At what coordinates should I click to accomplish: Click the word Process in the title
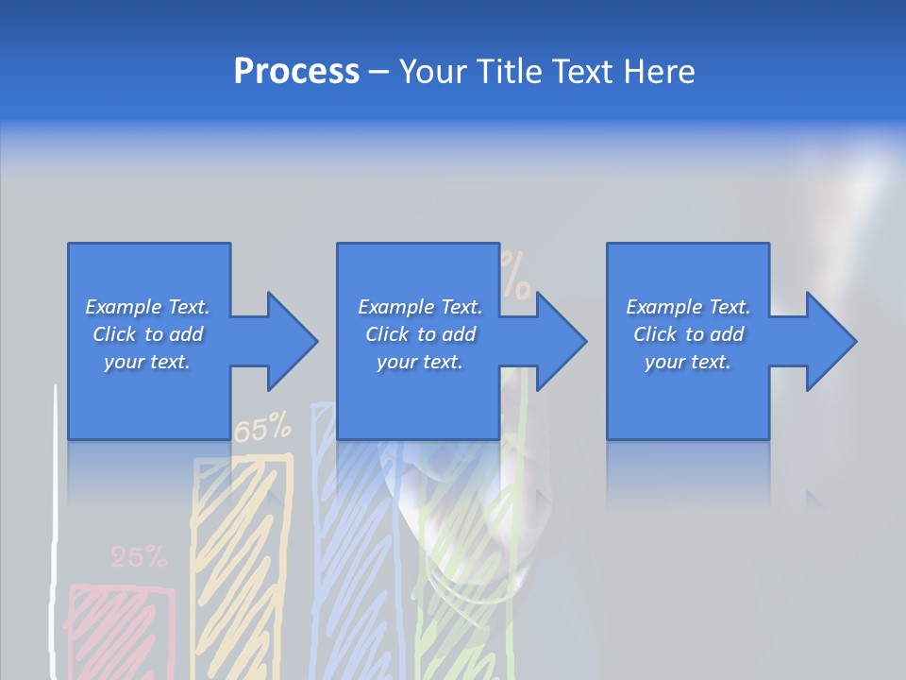[x=296, y=72]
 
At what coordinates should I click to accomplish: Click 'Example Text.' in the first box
[x=147, y=307]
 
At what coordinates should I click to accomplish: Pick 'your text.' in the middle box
[x=420, y=362]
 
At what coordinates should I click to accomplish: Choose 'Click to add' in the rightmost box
[x=689, y=334]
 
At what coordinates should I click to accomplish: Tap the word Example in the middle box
[x=393, y=307]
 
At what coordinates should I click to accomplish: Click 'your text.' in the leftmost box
[x=147, y=362]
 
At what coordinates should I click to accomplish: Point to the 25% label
[x=139, y=557]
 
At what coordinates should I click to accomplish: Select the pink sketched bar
[x=121, y=628]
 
